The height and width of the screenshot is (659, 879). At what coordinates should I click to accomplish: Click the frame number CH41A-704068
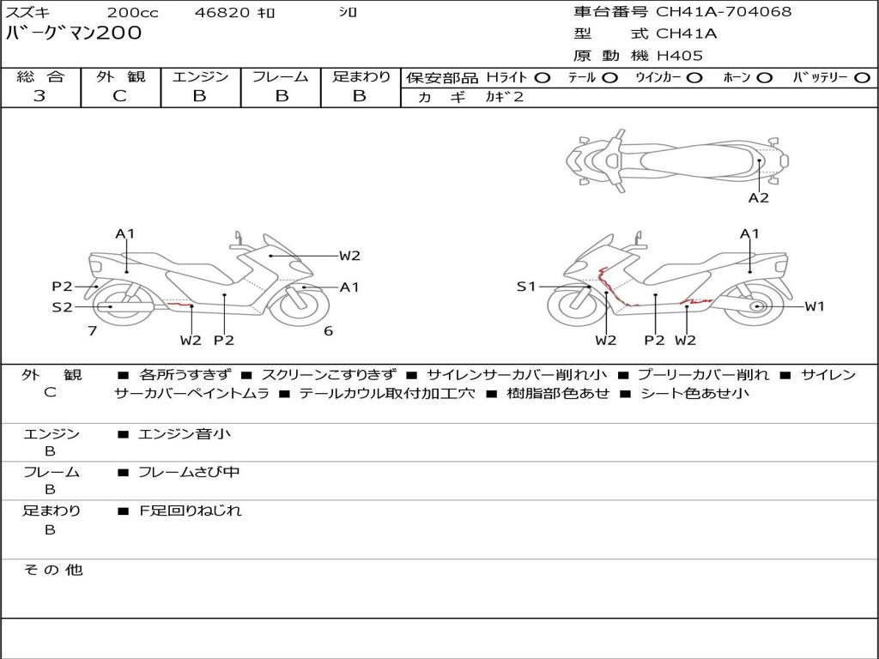tap(724, 12)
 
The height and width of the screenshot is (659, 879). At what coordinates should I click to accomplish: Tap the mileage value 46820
tap(221, 13)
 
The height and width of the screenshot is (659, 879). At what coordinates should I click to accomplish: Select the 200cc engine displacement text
tap(126, 13)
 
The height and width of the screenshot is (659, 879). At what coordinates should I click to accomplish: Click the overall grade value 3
tap(39, 96)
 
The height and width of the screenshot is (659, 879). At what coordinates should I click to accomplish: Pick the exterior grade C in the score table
tap(120, 96)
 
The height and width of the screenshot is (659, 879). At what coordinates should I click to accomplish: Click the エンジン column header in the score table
tap(200, 76)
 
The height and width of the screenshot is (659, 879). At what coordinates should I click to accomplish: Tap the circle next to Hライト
tap(542, 77)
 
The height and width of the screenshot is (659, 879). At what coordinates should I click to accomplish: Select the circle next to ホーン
tap(764, 77)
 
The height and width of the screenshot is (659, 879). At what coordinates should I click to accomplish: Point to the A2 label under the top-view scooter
tap(758, 197)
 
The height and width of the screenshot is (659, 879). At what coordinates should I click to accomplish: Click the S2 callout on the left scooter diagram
tap(62, 306)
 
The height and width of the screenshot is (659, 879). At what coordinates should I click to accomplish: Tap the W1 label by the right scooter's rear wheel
tap(814, 306)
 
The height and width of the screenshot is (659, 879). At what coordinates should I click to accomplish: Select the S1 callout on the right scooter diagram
tap(525, 287)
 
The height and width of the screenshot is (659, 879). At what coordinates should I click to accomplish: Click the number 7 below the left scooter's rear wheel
tap(92, 330)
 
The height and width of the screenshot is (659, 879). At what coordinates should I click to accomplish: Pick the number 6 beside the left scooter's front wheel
tap(328, 330)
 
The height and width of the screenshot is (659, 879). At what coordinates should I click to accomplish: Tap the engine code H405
tap(679, 56)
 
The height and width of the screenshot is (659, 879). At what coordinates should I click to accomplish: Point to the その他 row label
tap(52, 570)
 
